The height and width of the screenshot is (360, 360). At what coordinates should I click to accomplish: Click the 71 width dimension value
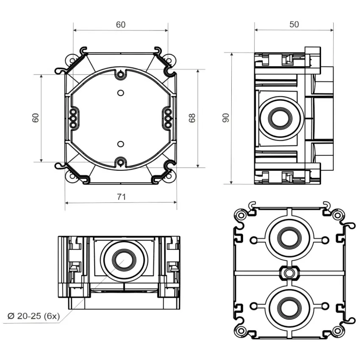click(x=121, y=197)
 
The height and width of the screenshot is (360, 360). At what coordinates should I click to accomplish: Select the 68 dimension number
click(x=193, y=118)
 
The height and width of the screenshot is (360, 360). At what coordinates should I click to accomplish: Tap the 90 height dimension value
click(x=226, y=118)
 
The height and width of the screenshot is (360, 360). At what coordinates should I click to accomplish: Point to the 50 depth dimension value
click(x=294, y=24)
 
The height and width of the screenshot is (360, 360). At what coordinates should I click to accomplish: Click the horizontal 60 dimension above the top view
click(x=121, y=25)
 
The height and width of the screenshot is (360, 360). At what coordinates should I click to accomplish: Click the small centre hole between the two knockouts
click(x=289, y=272)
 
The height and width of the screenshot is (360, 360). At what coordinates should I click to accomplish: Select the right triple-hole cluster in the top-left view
click(x=168, y=119)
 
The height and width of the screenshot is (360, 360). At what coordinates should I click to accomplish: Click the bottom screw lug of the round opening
click(x=120, y=161)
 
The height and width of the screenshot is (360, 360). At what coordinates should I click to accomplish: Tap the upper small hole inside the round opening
click(x=120, y=92)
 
